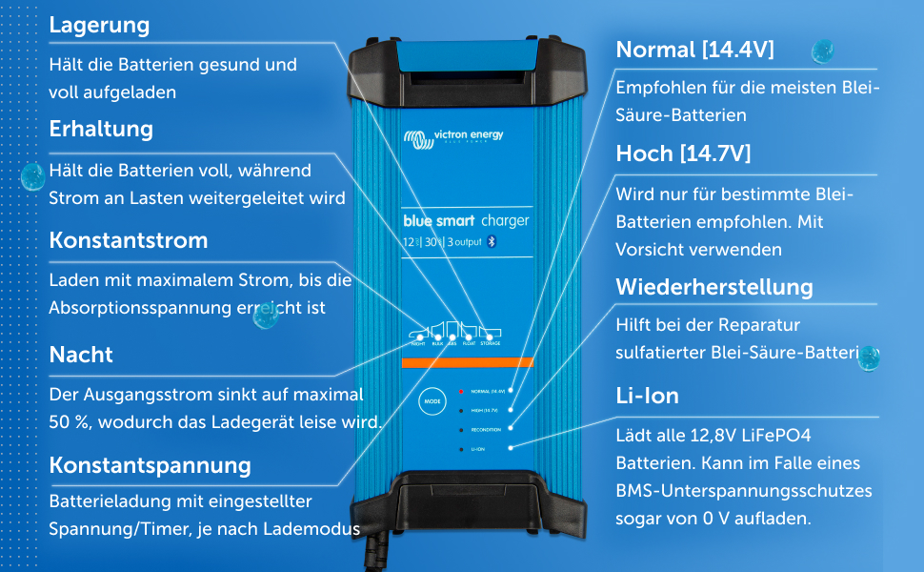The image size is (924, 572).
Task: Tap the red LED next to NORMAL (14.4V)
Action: (461, 391)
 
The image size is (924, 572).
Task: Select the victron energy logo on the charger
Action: (452, 137)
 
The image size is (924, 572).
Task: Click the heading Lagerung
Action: (99, 26)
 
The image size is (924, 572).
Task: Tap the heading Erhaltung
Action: (101, 129)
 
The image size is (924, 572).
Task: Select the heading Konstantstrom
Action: (128, 240)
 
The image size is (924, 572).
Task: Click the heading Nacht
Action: (81, 355)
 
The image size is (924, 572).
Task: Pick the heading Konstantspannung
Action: (150, 465)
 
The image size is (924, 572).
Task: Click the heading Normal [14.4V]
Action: (694, 50)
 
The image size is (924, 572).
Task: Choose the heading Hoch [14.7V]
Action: (683, 153)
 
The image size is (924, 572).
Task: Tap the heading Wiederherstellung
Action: (714, 287)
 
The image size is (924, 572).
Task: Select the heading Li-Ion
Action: (647, 396)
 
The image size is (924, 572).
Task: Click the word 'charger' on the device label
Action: (504, 221)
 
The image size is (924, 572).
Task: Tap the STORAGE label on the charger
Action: (491, 343)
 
